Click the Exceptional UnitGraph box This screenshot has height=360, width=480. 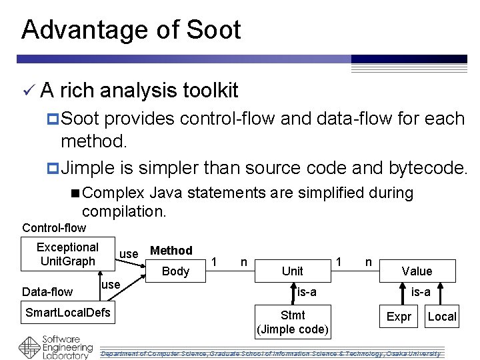pos(67,254)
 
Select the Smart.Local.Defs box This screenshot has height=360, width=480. pos(68,312)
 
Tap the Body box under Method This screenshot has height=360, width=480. pos(176,271)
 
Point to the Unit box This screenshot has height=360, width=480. pos(292,271)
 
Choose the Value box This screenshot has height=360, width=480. pos(417,271)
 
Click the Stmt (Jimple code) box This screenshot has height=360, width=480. pos(293,322)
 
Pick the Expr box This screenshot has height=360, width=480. pos(399,317)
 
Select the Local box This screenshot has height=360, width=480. pos(442,317)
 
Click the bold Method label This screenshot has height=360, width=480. pos(171,251)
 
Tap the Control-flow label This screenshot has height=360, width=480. pos(54,228)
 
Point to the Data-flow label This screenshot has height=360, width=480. pos(47,291)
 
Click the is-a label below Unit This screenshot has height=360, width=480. pos(307,291)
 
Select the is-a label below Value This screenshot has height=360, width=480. pos(421,291)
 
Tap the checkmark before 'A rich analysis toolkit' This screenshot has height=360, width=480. pos(27,89)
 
